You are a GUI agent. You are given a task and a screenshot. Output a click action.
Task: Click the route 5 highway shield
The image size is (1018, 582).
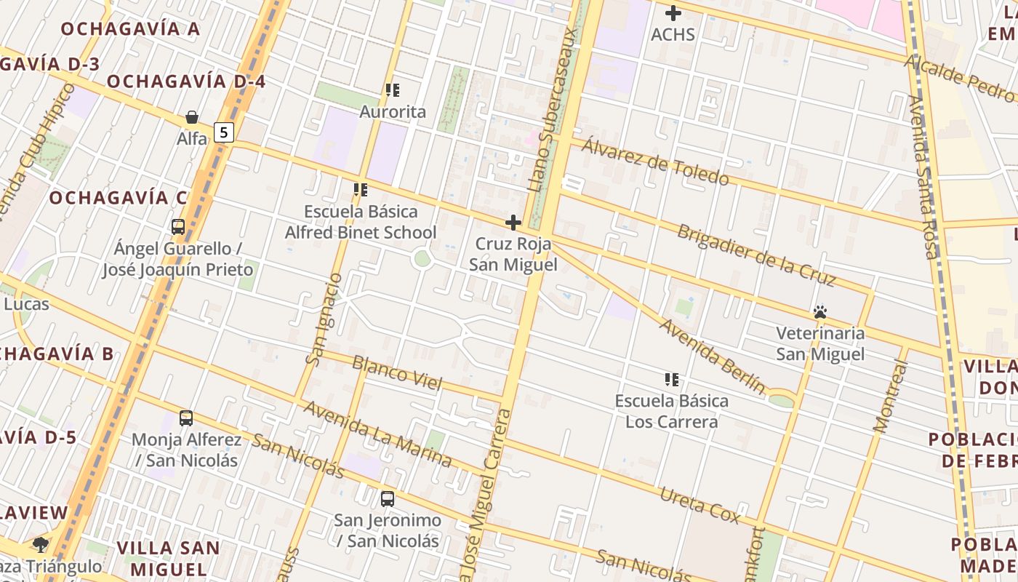click(225, 132)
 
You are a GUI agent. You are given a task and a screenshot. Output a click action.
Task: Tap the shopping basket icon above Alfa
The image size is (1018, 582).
click(192, 117)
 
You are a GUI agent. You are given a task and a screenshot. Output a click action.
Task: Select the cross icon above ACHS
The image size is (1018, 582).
click(673, 13)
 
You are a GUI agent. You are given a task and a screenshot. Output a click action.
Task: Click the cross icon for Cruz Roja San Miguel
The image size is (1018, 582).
click(513, 223)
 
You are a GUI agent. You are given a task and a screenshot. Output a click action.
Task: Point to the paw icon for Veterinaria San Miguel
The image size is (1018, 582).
click(820, 313)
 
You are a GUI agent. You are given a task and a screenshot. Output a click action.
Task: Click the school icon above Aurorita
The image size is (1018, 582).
click(393, 90)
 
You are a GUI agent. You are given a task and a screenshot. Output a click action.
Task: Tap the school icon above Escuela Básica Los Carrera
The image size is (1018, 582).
click(672, 379)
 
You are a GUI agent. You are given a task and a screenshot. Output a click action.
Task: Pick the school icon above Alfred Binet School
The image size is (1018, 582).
click(361, 190)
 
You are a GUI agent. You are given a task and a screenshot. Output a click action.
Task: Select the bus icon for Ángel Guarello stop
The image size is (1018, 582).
click(178, 227)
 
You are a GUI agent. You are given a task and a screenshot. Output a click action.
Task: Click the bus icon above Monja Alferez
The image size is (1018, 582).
click(186, 418)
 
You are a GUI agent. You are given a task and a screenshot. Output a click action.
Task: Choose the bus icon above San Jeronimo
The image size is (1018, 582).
click(388, 499)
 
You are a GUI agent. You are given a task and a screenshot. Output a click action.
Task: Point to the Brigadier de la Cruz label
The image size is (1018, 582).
click(756, 255)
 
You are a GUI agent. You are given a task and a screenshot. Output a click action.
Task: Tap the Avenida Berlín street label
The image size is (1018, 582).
click(712, 356)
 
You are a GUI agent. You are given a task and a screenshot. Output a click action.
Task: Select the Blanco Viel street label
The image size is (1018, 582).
click(397, 372)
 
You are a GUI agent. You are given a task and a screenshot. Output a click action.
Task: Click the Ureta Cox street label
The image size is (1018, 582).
click(700, 506)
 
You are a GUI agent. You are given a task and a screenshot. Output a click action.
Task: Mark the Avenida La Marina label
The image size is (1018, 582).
click(377, 434)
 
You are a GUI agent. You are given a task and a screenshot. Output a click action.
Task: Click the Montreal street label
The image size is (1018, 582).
click(891, 396)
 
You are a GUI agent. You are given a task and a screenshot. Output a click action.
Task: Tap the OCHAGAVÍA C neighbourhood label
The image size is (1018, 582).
click(119, 197)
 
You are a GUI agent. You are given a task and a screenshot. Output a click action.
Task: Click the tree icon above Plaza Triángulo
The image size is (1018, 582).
click(41, 545)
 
